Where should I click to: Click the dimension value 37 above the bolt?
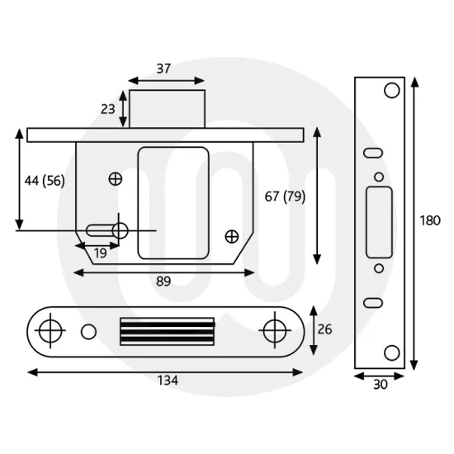coord(163,69)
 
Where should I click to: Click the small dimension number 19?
coord(100,253)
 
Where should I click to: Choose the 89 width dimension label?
coord(163,281)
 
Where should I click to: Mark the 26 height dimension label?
coord(325,330)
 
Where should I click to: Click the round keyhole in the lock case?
coord(121,230)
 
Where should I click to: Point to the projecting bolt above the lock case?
coord(167,108)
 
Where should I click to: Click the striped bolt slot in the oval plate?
coord(168,331)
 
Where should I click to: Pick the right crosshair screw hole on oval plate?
coord(272,330)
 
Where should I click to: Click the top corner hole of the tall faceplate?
coord(391,89)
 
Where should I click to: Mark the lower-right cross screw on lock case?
coord(231,237)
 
